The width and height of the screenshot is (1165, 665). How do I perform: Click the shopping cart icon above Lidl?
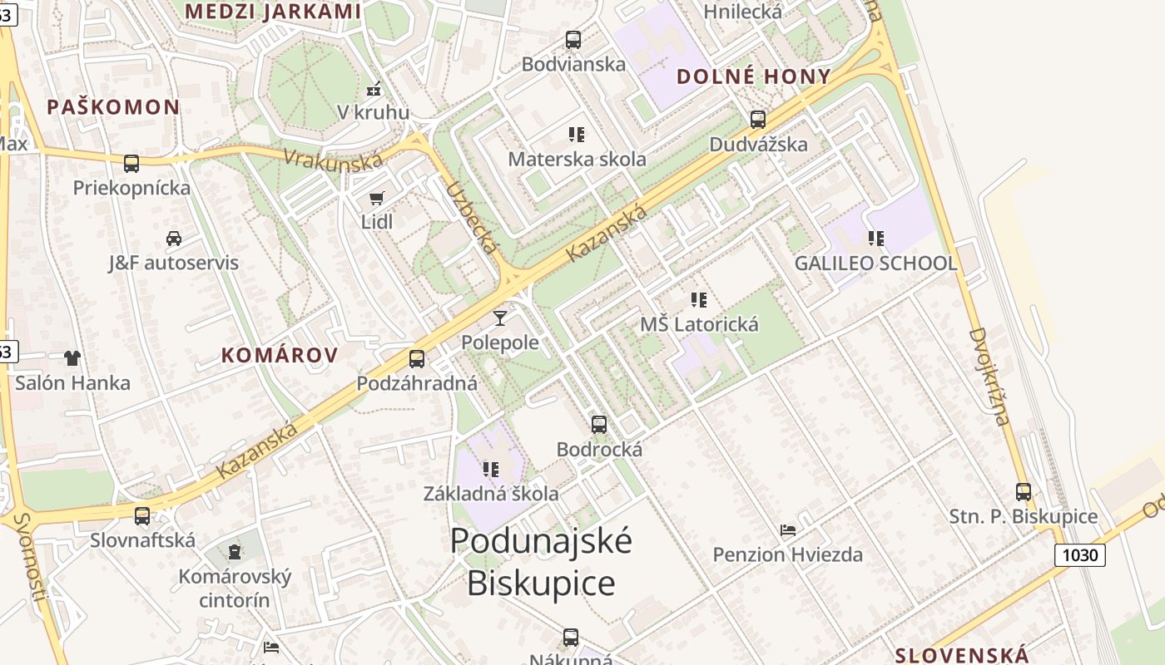(x=376, y=198)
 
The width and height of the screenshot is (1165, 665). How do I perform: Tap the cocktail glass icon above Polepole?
(x=499, y=318)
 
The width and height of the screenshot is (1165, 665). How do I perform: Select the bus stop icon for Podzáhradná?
(x=417, y=359)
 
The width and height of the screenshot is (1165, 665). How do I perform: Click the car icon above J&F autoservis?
(x=173, y=239)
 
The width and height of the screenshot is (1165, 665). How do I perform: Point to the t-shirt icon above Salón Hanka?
(x=72, y=358)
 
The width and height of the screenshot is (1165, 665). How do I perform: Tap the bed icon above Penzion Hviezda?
(x=787, y=530)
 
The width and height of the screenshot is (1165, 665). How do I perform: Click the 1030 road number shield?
(x=1079, y=554)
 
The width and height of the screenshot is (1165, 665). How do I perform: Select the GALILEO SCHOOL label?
(x=875, y=264)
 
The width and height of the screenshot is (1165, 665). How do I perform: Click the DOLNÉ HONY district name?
(x=753, y=76)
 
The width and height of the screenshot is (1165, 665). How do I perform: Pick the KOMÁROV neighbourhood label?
(x=280, y=356)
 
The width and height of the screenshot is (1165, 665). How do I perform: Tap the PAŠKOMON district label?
(x=113, y=106)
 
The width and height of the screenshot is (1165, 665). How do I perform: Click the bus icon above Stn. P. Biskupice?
(x=1023, y=491)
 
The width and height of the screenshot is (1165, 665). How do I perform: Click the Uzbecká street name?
(x=472, y=218)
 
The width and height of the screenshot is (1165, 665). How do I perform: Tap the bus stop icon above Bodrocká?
(x=598, y=425)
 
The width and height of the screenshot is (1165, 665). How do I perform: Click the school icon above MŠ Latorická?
(x=698, y=299)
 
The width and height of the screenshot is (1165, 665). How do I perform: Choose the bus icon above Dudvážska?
(x=757, y=119)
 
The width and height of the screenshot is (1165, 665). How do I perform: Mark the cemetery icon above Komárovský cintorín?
(x=235, y=551)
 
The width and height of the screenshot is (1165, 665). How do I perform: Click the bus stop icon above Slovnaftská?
(x=142, y=515)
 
